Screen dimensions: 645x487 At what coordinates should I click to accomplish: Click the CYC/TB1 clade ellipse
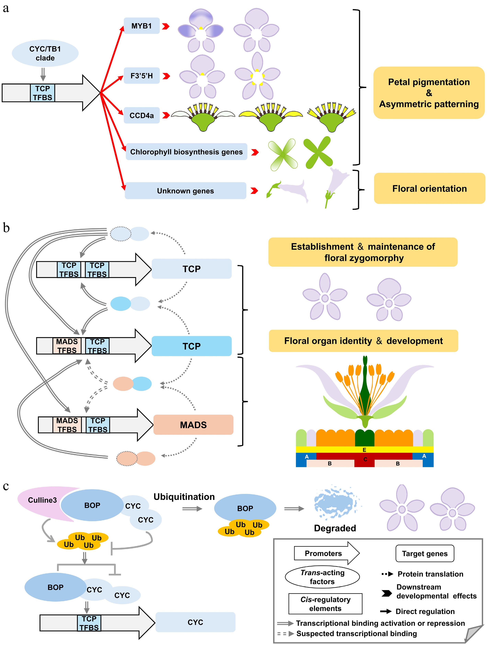coord(45,53)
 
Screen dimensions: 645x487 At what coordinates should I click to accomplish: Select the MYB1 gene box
coord(142,26)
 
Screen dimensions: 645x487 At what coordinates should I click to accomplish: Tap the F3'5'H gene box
coord(142,76)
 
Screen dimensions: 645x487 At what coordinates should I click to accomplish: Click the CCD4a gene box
coord(142,116)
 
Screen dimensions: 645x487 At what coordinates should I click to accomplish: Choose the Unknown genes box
coord(185,191)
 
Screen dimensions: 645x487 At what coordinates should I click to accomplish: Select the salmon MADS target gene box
coord(193,425)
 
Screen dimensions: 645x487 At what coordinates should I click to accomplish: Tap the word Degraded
coord(335,528)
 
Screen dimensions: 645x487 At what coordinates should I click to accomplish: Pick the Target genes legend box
coord(424,553)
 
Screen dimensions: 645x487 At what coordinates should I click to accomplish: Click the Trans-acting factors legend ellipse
coord(322,577)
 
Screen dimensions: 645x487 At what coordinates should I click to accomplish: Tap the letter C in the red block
coord(365,459)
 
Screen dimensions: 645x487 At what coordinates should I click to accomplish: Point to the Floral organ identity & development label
coord(363,341)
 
